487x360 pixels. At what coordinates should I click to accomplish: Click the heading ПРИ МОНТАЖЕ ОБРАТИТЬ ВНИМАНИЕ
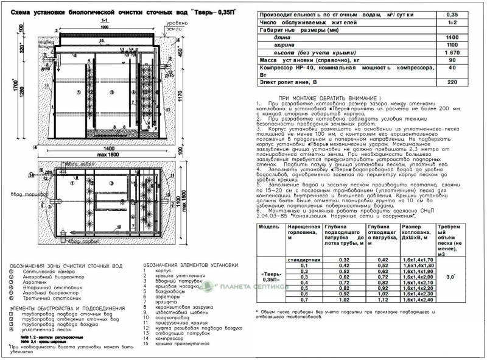click(x=328, y=97)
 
